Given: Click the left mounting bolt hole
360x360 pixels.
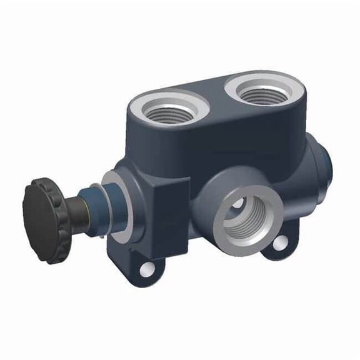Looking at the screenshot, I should [x=148, y=269].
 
